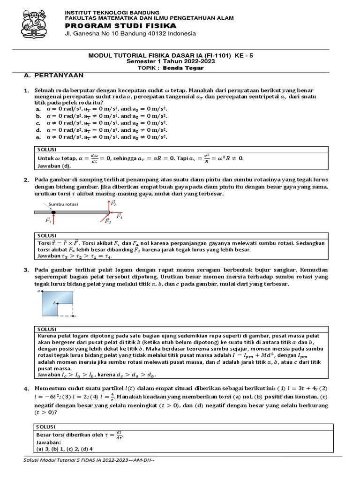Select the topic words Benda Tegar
pos(187,67)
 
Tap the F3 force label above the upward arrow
pos(114,203)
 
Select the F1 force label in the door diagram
pos(48,219)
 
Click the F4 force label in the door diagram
pos(120,216)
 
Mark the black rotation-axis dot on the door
pos(53,212)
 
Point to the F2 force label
pos(108,221)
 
